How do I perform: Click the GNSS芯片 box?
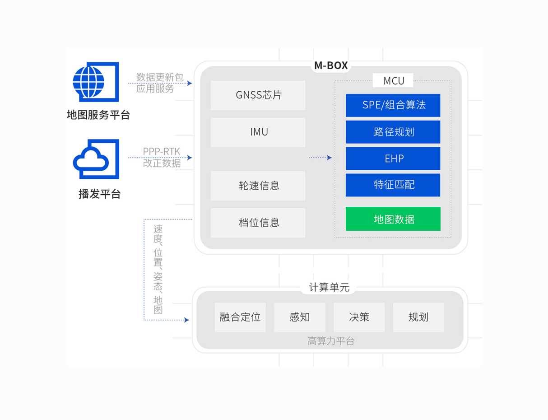258,95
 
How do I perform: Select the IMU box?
258,132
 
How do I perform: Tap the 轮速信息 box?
258,186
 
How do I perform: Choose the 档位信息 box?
258,223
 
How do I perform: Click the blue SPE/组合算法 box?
393,105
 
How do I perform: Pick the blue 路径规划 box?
393,132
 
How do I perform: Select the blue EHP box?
393,159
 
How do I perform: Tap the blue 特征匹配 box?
393,185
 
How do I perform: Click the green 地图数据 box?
393,219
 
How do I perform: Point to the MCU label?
394,81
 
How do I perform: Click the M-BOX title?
331,65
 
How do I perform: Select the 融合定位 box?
240,317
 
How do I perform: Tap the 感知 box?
300,317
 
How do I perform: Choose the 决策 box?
359,317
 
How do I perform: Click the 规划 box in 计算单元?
418,317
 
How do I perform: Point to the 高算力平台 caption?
331,341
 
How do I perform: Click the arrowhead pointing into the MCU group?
330,158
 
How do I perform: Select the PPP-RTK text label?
162,152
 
